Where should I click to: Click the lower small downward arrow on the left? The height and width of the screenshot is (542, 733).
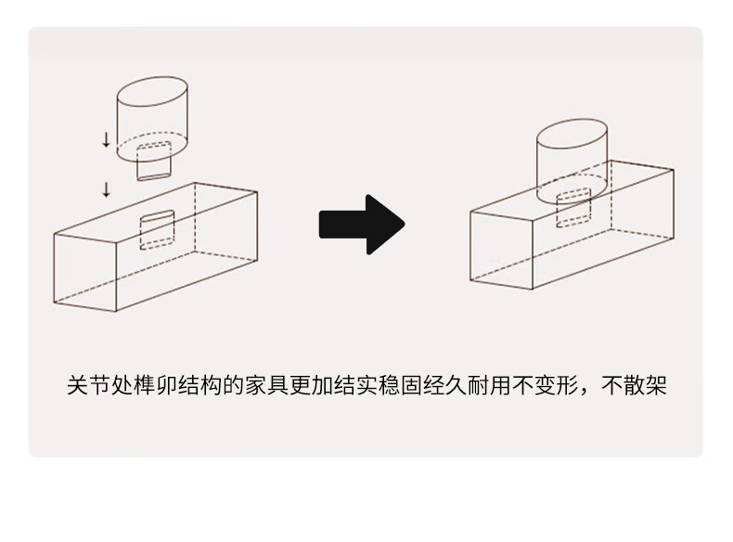click(106, 190)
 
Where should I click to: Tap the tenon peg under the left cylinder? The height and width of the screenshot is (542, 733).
click(154, 162)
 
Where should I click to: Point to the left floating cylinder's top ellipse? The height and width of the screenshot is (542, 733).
click(154, 97)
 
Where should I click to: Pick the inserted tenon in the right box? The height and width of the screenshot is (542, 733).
click(573, 206)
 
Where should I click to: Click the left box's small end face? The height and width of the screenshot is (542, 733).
click(85, 271)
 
